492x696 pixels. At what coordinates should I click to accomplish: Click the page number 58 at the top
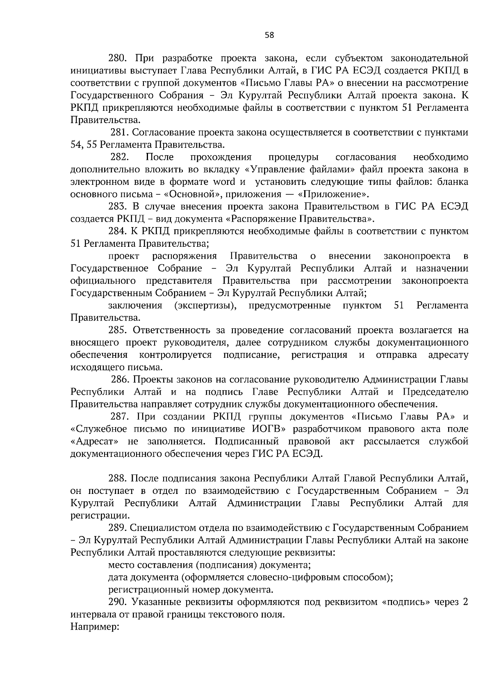(x=269, y=35)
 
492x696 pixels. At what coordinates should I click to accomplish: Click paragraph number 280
(x=118, y=58)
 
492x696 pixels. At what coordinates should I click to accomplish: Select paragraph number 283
(x=118, y=206)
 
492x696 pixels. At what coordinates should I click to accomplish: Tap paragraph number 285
(x=118, y=330)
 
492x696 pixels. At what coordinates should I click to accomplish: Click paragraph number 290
(x=118, y=602)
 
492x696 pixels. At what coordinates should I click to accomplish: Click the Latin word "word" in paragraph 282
(x=225, y=182)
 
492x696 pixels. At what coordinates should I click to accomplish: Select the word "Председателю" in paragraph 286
(x=435, y=392)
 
